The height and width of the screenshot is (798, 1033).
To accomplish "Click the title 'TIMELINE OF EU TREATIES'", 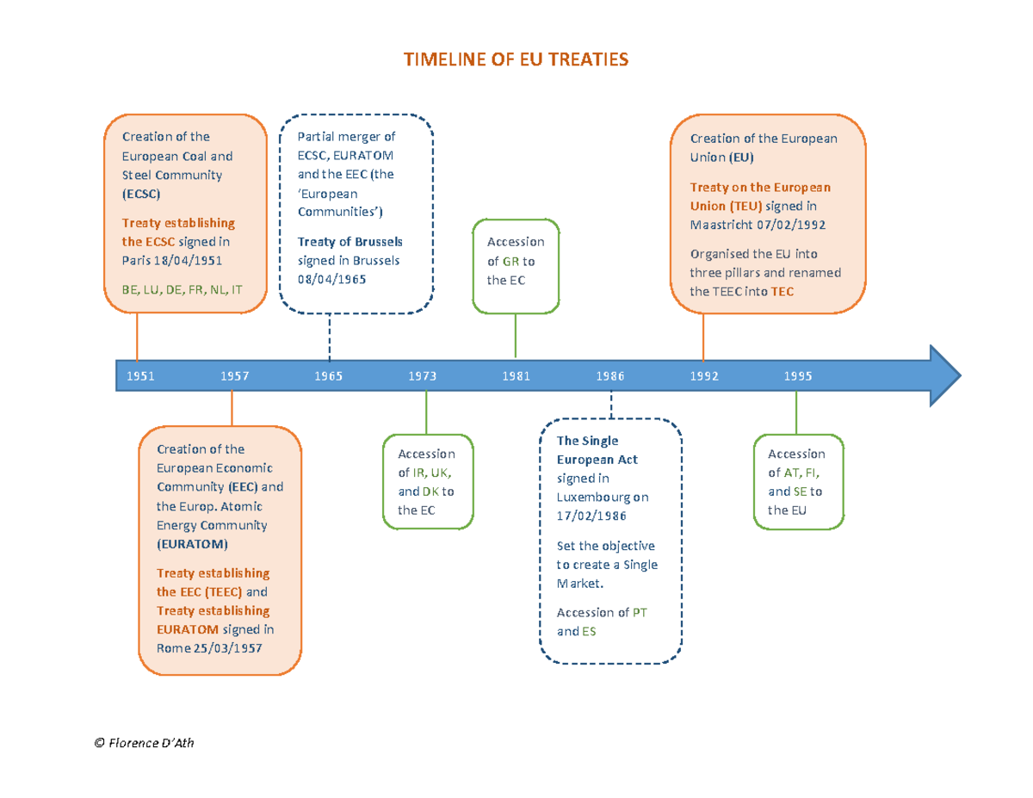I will coord(516,59).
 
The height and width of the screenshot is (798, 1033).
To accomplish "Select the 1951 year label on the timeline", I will coord(140,376).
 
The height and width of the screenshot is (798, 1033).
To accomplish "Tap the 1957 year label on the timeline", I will coord(234,376).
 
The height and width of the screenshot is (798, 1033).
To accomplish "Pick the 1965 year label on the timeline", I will coord(328,376).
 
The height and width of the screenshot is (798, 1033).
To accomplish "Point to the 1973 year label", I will coord(422,376).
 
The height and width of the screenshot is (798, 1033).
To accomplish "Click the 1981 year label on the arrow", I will coord(516,376).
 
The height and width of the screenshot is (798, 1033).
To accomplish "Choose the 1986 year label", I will coord(609,376).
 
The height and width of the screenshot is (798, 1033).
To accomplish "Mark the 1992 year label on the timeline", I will coord(703,376).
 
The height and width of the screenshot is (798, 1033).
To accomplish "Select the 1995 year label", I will coord(797,376).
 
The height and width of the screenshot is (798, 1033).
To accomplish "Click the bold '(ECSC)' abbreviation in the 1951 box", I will coord(141,194).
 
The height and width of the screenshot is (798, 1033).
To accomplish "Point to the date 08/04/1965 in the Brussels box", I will coord(331,279).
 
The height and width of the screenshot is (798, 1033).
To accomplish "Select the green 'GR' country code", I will coord(510,261).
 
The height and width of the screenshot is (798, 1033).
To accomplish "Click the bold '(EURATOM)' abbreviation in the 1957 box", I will coord(192,544).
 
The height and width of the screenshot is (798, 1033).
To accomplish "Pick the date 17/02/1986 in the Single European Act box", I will coord(591,516).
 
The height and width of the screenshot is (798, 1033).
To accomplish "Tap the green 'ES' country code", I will coord(589,631).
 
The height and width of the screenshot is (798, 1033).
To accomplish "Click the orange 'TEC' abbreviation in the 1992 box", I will coord(782,291).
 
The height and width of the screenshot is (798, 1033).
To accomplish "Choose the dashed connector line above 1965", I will coord(330,336).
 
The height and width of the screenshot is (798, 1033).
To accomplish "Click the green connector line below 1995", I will coord(796,413).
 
